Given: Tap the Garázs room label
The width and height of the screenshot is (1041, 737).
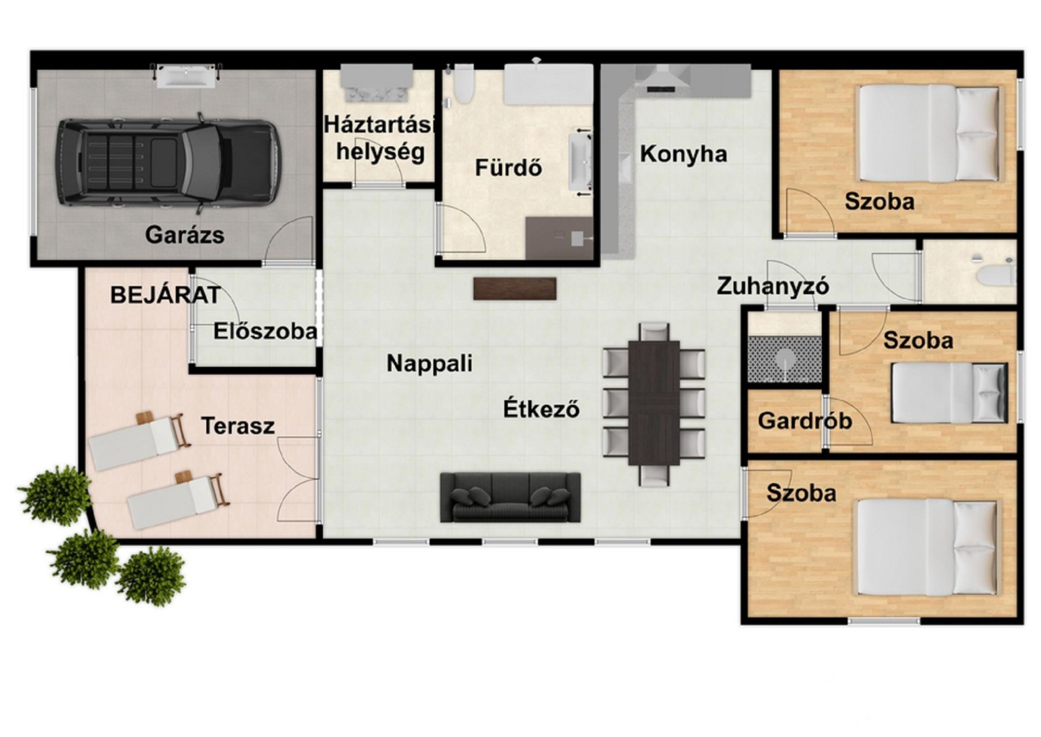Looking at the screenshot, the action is tap(185, 235).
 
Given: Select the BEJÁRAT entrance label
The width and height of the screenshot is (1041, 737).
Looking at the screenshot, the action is tap(165, 295).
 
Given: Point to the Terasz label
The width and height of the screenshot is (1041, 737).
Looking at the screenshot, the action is tap(238, 426).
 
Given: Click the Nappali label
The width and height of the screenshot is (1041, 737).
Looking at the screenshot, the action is tap(430, 363).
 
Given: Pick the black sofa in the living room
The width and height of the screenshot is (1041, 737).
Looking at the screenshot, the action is tap(510, 497).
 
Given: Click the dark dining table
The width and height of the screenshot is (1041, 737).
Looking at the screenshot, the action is tap(654, 403).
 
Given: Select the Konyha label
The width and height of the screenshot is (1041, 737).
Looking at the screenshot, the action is tap(683, 154).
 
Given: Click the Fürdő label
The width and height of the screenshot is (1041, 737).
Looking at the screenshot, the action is tap(508, 168).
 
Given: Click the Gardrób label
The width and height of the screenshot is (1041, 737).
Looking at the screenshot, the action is tap(805, 421).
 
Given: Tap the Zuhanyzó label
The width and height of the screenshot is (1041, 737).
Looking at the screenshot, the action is tap(773, 286).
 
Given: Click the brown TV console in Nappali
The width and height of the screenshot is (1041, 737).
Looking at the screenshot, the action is tap(515, 288).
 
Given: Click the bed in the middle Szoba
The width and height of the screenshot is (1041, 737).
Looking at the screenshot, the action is tap(949, 393).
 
